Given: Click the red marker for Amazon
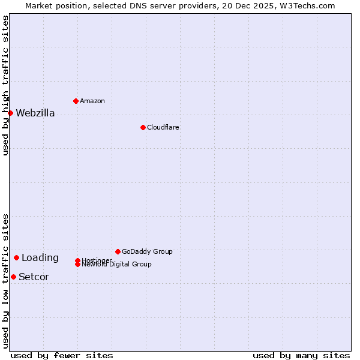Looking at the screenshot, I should pyautogui.click(x=76, y=101).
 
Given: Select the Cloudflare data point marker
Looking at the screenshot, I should pyautogui.click(x=143, y=127).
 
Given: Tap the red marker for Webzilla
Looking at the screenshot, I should pyautogui.click(x=10, y=113).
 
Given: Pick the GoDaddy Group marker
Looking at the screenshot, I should pyautogui.click(x=118, y=251).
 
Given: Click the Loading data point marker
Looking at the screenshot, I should pyautogui.click(x=16, y=257).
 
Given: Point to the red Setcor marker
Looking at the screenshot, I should pyautogui.click(x=13, y=277).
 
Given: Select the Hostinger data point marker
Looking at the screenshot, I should pyautogui.click(x=77, y=260).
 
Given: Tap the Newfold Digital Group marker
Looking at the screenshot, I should pyautogui.click(x=77, y=265).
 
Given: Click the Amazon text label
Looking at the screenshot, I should pyautogui.click(x=92, y=101).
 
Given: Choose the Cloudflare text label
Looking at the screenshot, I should pyautogui.click(x=163, y=127).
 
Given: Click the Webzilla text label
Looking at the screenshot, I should pyautogui.click(x=35, y=113).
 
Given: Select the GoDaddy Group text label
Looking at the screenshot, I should pyautogui.click(x=147, y=251).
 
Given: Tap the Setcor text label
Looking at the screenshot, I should pyautogui.click(x=34, y=277).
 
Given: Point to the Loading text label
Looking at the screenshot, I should pyautogui.click(x=40, y=258).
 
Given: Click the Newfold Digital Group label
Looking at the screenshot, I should pyautogui.click(x=117, y=265).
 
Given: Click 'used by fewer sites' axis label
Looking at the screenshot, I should pyautogui.click(x=62, y=355).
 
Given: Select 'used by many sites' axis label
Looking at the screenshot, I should pyautogui.click(x=301, y=355).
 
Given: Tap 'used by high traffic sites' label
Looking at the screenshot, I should pyautogui.click(x=5, y=85).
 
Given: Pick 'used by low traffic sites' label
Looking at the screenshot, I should pyautogui.click(x=5, y=281).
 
